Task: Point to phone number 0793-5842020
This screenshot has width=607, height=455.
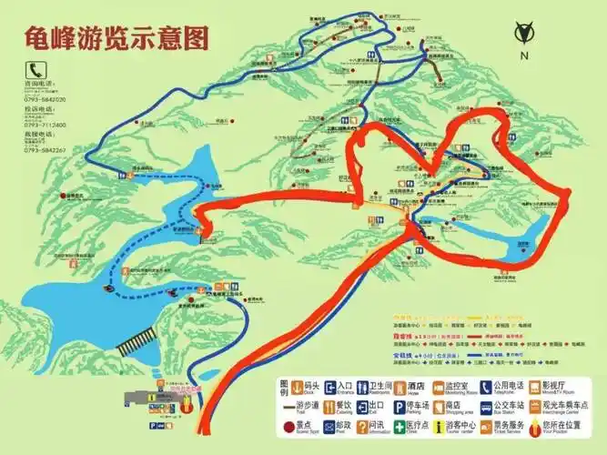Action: click(x=45, y=99)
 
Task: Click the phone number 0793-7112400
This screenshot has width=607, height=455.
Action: click(x=45, y=124)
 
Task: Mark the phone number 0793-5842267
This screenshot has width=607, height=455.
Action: click(x=45, y=148)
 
